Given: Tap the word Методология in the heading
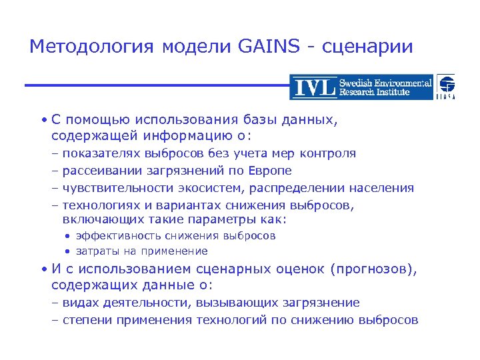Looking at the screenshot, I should [91, 47].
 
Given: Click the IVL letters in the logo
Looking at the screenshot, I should [313, 87].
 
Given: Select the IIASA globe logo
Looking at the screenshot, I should [447, 87].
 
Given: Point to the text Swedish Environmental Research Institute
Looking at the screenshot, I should [385, 87].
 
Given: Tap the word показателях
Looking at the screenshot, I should [101, 153].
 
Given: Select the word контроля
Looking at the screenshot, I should [327, 153].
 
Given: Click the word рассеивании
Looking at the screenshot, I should [100, 171].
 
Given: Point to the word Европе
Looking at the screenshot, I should [270, 171].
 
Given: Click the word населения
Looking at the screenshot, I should [381, 188].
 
